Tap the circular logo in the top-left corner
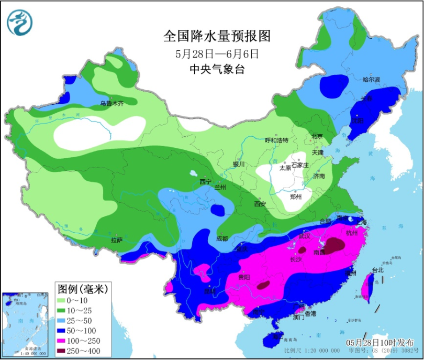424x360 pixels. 20,23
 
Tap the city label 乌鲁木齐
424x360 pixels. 112,104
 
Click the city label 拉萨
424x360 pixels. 117,241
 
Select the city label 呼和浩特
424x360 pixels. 276,140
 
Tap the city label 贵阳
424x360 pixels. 243,277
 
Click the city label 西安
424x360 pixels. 260,203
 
